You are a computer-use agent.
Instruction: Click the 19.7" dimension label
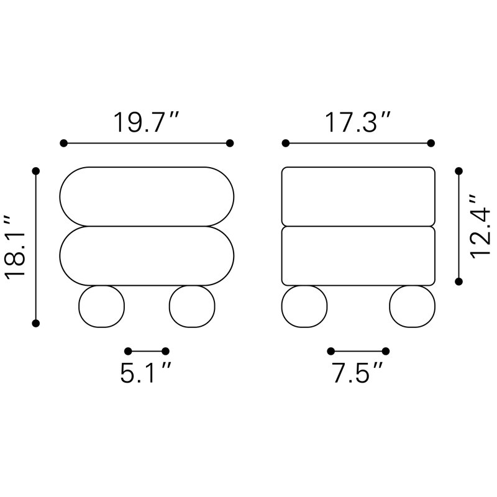[147, 122]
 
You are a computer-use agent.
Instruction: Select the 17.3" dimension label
[358, 122]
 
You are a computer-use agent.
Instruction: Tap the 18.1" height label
[15, 247]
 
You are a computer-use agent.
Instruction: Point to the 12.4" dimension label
[480, 226]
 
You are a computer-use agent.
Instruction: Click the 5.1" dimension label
[146, 373]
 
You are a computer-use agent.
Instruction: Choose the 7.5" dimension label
[358, 373]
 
